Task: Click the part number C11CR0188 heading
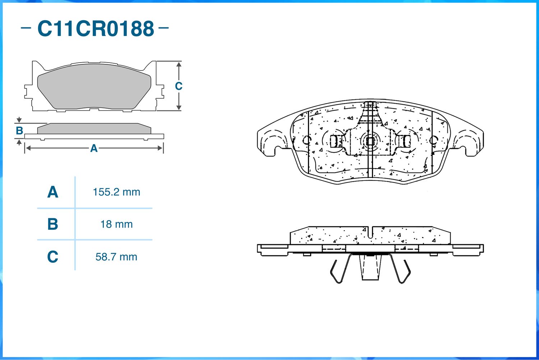pyautogui.click(x=96, y=29)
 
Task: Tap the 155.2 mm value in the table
pyautogui.click(x=116, y=192)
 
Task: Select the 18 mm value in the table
pyautogui.click(x=116, y=224)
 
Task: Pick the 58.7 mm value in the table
pyautogui.click(x=116, y=257)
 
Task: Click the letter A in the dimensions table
pyautogui.click(x=53, y=192)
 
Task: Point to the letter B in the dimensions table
pyautogui.click(x=53, y=224)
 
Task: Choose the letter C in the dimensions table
pyautogui.click(x=53, y=257)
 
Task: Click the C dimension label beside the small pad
pyautogui.click(x=179, y=86)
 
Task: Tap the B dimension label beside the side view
pyautogui.click(x=19, y=131)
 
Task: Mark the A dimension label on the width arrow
pyautogui.click(x=94, y=148)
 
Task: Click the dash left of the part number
pyautogui.click(x=26, y=28)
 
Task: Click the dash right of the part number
pyautogui.click(x=163, y=28)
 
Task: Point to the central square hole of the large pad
pyautogui.click(x=370, y=141)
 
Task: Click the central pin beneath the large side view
pyautogui.click(x=370, y=267)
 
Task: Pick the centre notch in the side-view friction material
pyautogui.click(x=371, y=232)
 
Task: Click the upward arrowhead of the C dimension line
pyautogui.click(x=179, y=64)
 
